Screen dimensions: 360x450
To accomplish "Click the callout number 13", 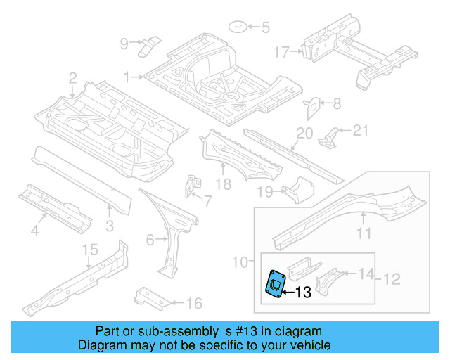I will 303,292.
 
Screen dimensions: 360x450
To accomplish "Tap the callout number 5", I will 265,29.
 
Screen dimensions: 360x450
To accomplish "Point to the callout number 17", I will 281,52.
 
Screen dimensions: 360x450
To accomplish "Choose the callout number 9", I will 124,44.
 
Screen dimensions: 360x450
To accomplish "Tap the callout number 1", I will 127,76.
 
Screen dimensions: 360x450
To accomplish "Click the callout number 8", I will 336,104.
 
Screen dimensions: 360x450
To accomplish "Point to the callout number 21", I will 360,129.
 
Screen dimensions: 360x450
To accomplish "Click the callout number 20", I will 304,133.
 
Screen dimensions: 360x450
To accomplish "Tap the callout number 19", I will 264,191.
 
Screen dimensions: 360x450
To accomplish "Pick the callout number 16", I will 194,303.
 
